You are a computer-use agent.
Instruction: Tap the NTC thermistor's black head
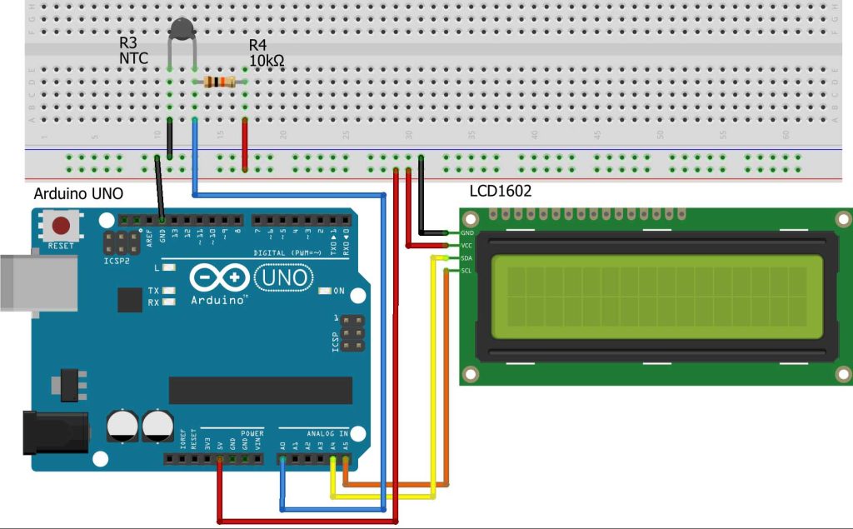tap(182, 31)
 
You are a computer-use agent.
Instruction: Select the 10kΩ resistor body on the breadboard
tap(220, 82)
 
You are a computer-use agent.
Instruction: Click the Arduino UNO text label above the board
tap(78, 194)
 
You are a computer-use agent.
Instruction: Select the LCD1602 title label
tap(500, 191)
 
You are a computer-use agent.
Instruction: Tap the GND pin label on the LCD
tap(467, 233)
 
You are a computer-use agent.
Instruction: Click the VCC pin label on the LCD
tap(467, 246)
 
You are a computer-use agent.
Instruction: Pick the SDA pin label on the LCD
tap(467, 258)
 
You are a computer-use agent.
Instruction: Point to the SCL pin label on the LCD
tap(467, 271)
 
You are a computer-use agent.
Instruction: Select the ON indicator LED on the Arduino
tap(326, 291)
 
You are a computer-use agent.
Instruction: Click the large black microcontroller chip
tap(260, 390)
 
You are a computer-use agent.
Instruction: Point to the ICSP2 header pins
tap(123, 243)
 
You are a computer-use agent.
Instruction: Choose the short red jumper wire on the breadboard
tap(245, 144)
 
